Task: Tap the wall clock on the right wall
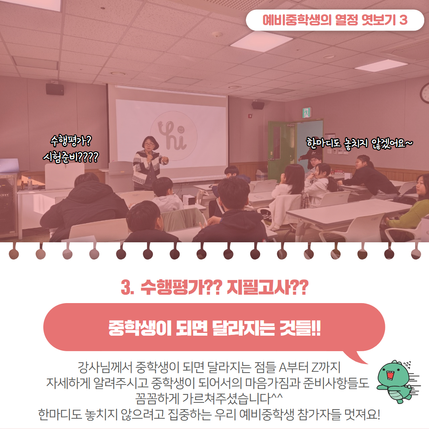pos(425,93)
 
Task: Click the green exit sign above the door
pos(307,112)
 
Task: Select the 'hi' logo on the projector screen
pos(174,135)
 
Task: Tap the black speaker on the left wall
pos(55,89)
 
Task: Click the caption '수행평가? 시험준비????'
pos(71,149)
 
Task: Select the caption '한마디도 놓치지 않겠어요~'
pos(359,143)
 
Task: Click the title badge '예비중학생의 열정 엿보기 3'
pos(335,20)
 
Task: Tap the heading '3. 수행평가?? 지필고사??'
pos(214,287)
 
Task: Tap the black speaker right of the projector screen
pos(258,105)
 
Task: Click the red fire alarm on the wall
pos(249,116)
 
